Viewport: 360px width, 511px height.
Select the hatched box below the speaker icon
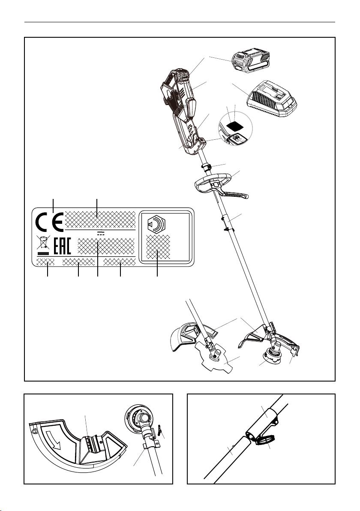pos(158,246)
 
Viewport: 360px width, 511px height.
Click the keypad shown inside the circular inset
pos(236,138)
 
